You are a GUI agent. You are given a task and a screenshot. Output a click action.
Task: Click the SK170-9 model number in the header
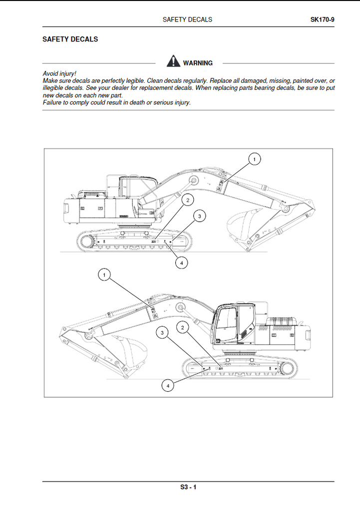point(322,19)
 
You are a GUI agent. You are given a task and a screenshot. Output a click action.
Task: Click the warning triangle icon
point(173,61)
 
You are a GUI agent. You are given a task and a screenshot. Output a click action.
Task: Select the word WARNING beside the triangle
point(198,63)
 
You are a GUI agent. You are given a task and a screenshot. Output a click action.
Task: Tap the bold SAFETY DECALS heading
point(70,39)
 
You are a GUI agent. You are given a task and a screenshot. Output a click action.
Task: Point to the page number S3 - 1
point(188,488)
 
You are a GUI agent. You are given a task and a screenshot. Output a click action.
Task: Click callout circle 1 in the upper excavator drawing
point(254,159)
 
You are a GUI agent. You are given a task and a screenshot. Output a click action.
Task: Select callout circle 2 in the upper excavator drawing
point(188,201)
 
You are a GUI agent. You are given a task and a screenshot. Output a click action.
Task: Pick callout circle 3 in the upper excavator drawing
point(199,216)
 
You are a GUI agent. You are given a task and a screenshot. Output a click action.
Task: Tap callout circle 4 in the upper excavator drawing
point(181,262)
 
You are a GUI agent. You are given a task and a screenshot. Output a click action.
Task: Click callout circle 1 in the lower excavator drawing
point(104,274)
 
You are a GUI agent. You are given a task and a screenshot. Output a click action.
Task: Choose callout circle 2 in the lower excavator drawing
point(183,328)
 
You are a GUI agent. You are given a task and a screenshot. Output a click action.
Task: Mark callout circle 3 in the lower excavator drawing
point(162,333)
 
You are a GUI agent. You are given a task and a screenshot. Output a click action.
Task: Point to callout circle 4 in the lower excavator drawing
point(168,385)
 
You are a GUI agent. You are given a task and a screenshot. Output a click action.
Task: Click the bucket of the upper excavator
point(242,223)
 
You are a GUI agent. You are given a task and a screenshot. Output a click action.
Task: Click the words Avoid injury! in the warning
point(59,74)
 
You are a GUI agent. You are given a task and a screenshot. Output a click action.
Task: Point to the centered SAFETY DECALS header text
point(187,19)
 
